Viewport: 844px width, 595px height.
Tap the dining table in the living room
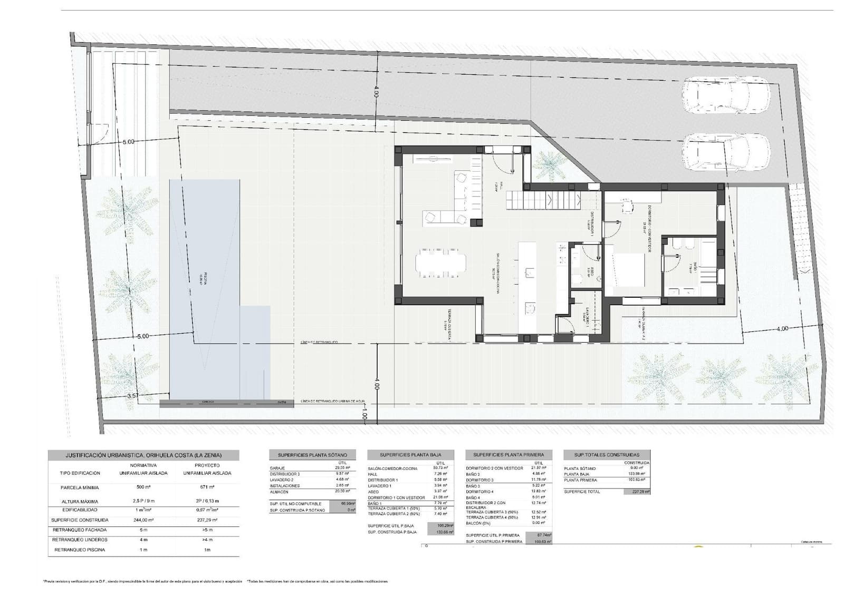441,262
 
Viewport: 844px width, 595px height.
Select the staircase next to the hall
544,200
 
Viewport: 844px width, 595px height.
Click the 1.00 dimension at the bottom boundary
365,415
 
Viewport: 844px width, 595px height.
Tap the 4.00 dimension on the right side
782,328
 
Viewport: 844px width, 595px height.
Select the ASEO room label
592,272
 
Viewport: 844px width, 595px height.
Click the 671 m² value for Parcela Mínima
207,487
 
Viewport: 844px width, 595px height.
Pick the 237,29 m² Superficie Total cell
637,491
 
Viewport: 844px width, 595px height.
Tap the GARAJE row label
277,468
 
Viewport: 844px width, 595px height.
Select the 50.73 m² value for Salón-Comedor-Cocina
439,468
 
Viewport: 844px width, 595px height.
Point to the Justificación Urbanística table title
143,455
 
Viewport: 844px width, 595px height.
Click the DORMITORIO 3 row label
479,480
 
